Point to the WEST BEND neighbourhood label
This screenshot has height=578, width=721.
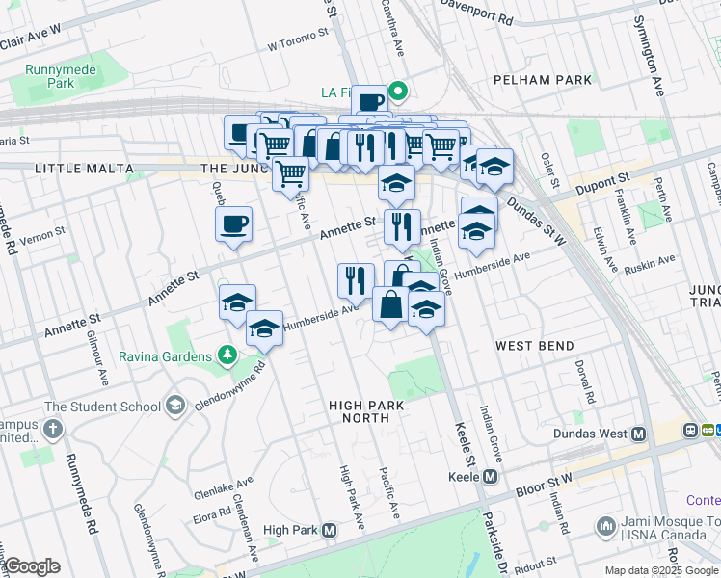click(535, 345)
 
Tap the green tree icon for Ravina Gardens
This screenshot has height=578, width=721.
click(227, 356)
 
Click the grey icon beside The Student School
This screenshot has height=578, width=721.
click(174, 406)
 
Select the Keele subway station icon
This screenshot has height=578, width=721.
click(491, 476)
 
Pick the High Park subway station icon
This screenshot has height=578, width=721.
click(330, 530)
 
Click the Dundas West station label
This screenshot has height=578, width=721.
click(592, 433)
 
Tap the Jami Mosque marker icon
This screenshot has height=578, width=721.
click(605, 526)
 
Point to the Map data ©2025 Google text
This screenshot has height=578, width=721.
click(660, 570)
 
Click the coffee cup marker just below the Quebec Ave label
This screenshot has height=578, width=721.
click(233, 225)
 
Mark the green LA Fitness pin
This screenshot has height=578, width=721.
click(396, 92)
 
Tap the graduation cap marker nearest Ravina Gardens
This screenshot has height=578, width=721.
click(263, 329)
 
